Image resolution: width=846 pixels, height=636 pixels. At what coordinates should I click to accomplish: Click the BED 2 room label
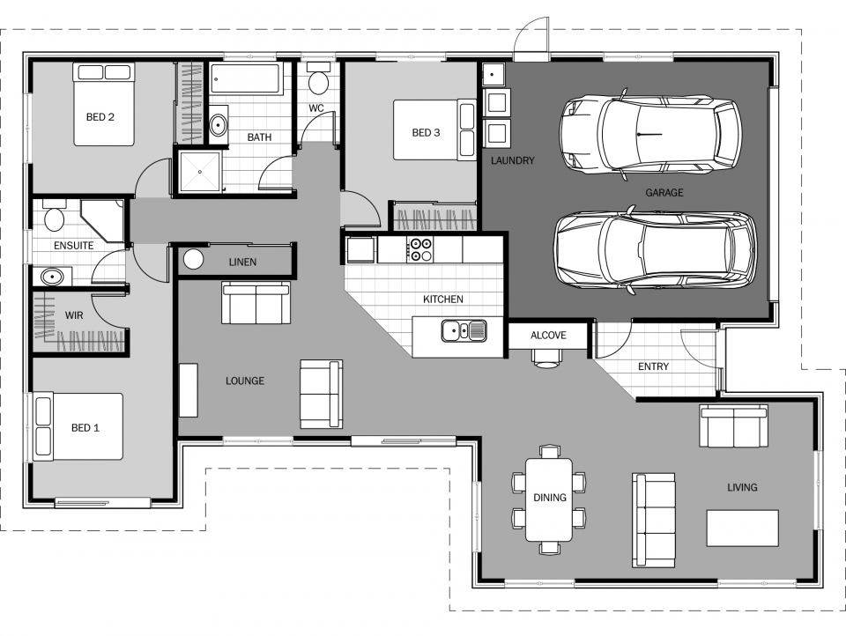100,117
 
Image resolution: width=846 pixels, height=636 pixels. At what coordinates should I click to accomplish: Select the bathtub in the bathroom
247,80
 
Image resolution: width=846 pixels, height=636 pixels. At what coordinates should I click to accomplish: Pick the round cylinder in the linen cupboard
193,260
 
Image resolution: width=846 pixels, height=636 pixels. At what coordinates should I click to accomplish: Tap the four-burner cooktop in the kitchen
419,249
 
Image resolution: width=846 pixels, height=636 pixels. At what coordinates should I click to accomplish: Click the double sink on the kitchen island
464,331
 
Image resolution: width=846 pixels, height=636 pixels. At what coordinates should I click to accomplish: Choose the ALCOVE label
548,336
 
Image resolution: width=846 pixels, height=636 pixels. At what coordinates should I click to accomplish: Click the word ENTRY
653,366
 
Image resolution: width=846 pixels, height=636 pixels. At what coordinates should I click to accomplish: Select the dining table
548,499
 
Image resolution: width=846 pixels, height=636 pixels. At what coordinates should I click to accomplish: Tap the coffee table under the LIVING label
742,528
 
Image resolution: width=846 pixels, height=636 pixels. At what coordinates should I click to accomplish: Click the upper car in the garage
651,133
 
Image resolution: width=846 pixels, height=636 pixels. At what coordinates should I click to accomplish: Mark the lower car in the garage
654,251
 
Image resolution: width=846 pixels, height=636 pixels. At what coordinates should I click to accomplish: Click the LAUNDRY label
513,160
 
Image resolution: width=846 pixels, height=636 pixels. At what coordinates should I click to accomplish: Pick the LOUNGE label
245,381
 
